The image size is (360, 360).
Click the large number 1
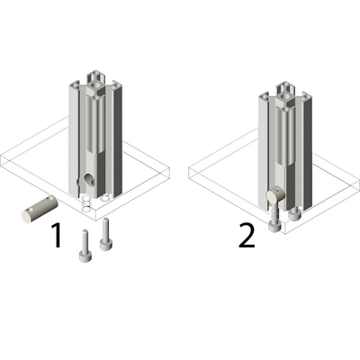click(57, 236)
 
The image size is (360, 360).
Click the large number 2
click(247, 236)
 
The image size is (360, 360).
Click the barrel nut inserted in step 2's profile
click(275, 196)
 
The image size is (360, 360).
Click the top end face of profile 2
click(285, 91)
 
